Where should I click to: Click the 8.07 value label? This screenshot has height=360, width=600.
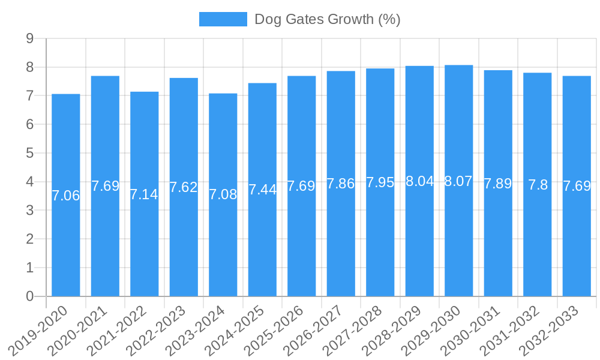coord(458,181)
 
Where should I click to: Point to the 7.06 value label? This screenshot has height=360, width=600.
coord(66,196)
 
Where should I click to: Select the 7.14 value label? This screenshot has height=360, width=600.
coord(144,194)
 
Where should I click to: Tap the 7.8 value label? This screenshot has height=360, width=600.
coord(538,185)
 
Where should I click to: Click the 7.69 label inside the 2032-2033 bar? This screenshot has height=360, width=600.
coord(577,186)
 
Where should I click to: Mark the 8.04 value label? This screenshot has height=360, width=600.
coord(419,181)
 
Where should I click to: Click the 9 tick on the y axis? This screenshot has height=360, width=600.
coord(29,39)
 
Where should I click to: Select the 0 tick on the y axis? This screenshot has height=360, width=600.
coord(29,296)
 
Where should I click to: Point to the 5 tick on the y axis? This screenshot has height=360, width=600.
coord(29,154)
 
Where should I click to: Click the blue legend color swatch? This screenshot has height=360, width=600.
coord(223,19)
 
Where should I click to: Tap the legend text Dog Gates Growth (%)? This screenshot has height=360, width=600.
coord(327,19)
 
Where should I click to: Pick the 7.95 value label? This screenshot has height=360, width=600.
coord(380,182)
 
